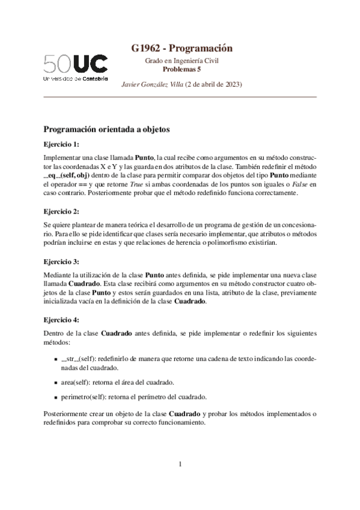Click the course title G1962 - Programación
[182, 49]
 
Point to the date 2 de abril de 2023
[213, 84]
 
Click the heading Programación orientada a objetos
[108, 129]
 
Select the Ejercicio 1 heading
[61, 144]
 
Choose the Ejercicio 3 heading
[61, 262]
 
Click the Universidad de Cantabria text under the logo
[76, 79]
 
